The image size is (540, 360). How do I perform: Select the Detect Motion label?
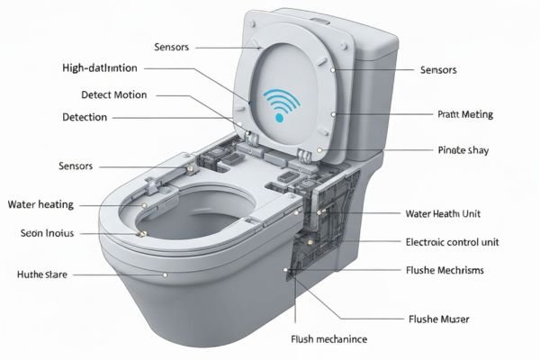coord(113,94)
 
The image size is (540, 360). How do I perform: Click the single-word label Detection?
coord(85,117)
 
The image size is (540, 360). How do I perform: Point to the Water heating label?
coord(40,204)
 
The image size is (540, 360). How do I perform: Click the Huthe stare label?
coord(44,273)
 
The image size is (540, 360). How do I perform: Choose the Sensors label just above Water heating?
coord(81,166)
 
